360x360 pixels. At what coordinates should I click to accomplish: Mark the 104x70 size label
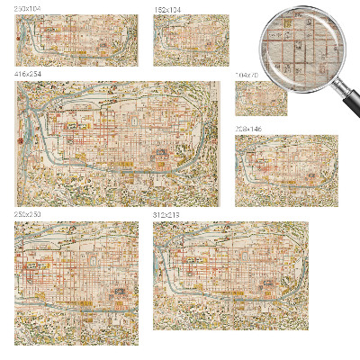pyautogui.click(x=245, y=76)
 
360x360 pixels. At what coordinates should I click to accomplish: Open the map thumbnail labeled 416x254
pyautogui.click(x=118, y=143)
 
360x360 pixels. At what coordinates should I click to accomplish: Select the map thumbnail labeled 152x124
pyautogui.click(x=191, y=40)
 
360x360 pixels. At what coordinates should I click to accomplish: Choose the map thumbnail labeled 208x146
pyautogui.click(x=286, y=171)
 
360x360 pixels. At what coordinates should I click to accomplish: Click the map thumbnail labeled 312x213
pyautogui.click(x=230, y=274)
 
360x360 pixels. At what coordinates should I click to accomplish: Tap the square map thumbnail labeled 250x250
pyautogui.click(x=76, y=283)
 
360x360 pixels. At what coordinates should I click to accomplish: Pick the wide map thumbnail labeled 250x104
pyautogui.click(x=76, y=40)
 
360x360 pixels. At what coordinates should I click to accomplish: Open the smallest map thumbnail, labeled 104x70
pyautogui.click(x=261, y=98)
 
